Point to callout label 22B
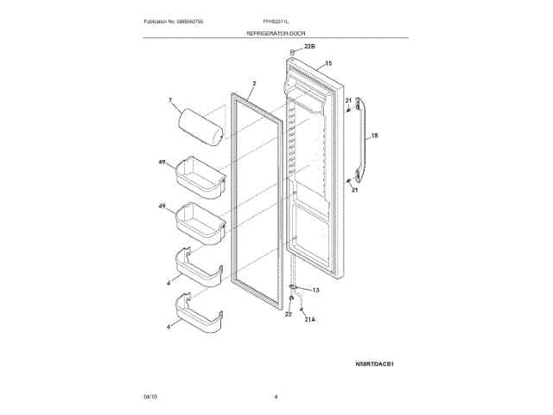coord(298,48)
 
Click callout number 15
coord(328,64)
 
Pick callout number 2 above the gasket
coord(254,85)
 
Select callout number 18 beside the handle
coord(375,136)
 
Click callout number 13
coord(315,290)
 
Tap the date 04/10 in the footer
coord(150,396)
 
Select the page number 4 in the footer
coord(276,396)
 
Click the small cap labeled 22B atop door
coord(294,55)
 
